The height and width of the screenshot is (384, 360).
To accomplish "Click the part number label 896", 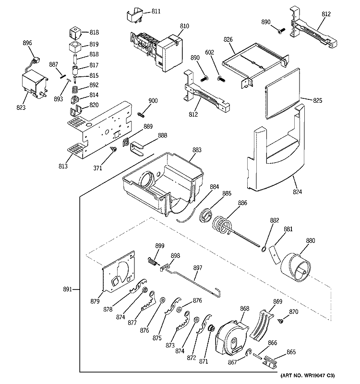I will click(x=27, y=43).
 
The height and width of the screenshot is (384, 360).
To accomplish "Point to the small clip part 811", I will click(x=136, y=16).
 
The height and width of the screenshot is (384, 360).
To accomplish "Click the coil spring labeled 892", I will click(x=75, y=89).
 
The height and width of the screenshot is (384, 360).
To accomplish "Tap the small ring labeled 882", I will click(x=264, y=248).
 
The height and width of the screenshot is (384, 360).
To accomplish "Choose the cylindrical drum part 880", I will click(x=297, y=266).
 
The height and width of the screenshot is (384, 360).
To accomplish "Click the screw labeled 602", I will click(x=221, y=78).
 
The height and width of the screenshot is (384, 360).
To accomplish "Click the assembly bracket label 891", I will click(x=67, y=289).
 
